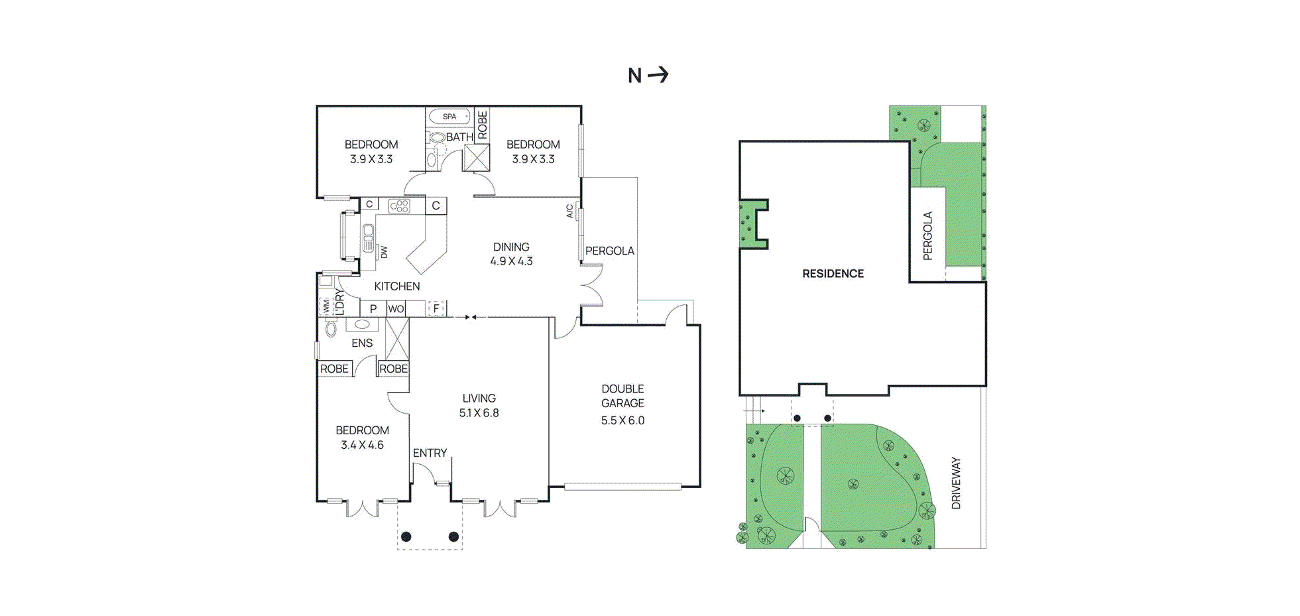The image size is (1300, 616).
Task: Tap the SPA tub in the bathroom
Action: (x=449, y=117)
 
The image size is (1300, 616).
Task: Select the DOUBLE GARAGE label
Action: (x=622, y=396)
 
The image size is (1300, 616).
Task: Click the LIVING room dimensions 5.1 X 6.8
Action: (x=479, y=413)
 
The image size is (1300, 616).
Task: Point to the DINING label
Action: (x=511, y=247)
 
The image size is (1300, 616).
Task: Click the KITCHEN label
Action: (x=397, y=286)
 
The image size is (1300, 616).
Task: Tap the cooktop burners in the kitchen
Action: (x=399, y=206)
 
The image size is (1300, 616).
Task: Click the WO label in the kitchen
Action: (x=396, y=309)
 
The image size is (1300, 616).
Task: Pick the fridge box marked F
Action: (x=436, y=308)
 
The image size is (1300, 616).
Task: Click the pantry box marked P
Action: (x=373, y=309)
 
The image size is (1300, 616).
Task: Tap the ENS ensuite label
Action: (x=362, y=343)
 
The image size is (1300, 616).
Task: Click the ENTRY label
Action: (x=430, y=453)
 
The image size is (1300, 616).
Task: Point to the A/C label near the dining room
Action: (x=569, y=211)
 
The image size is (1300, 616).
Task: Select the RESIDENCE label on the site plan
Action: (x=833, y=274)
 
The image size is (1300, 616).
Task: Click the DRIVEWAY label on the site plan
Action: (x=956, y=483)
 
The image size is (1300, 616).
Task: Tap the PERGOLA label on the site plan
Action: (x=927, y=235)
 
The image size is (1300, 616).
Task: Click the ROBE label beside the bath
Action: (x=482, y=125)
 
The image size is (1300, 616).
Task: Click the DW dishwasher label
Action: (x=384, y=252)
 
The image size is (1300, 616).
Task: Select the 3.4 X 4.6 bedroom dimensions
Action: (x=362, y=445)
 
